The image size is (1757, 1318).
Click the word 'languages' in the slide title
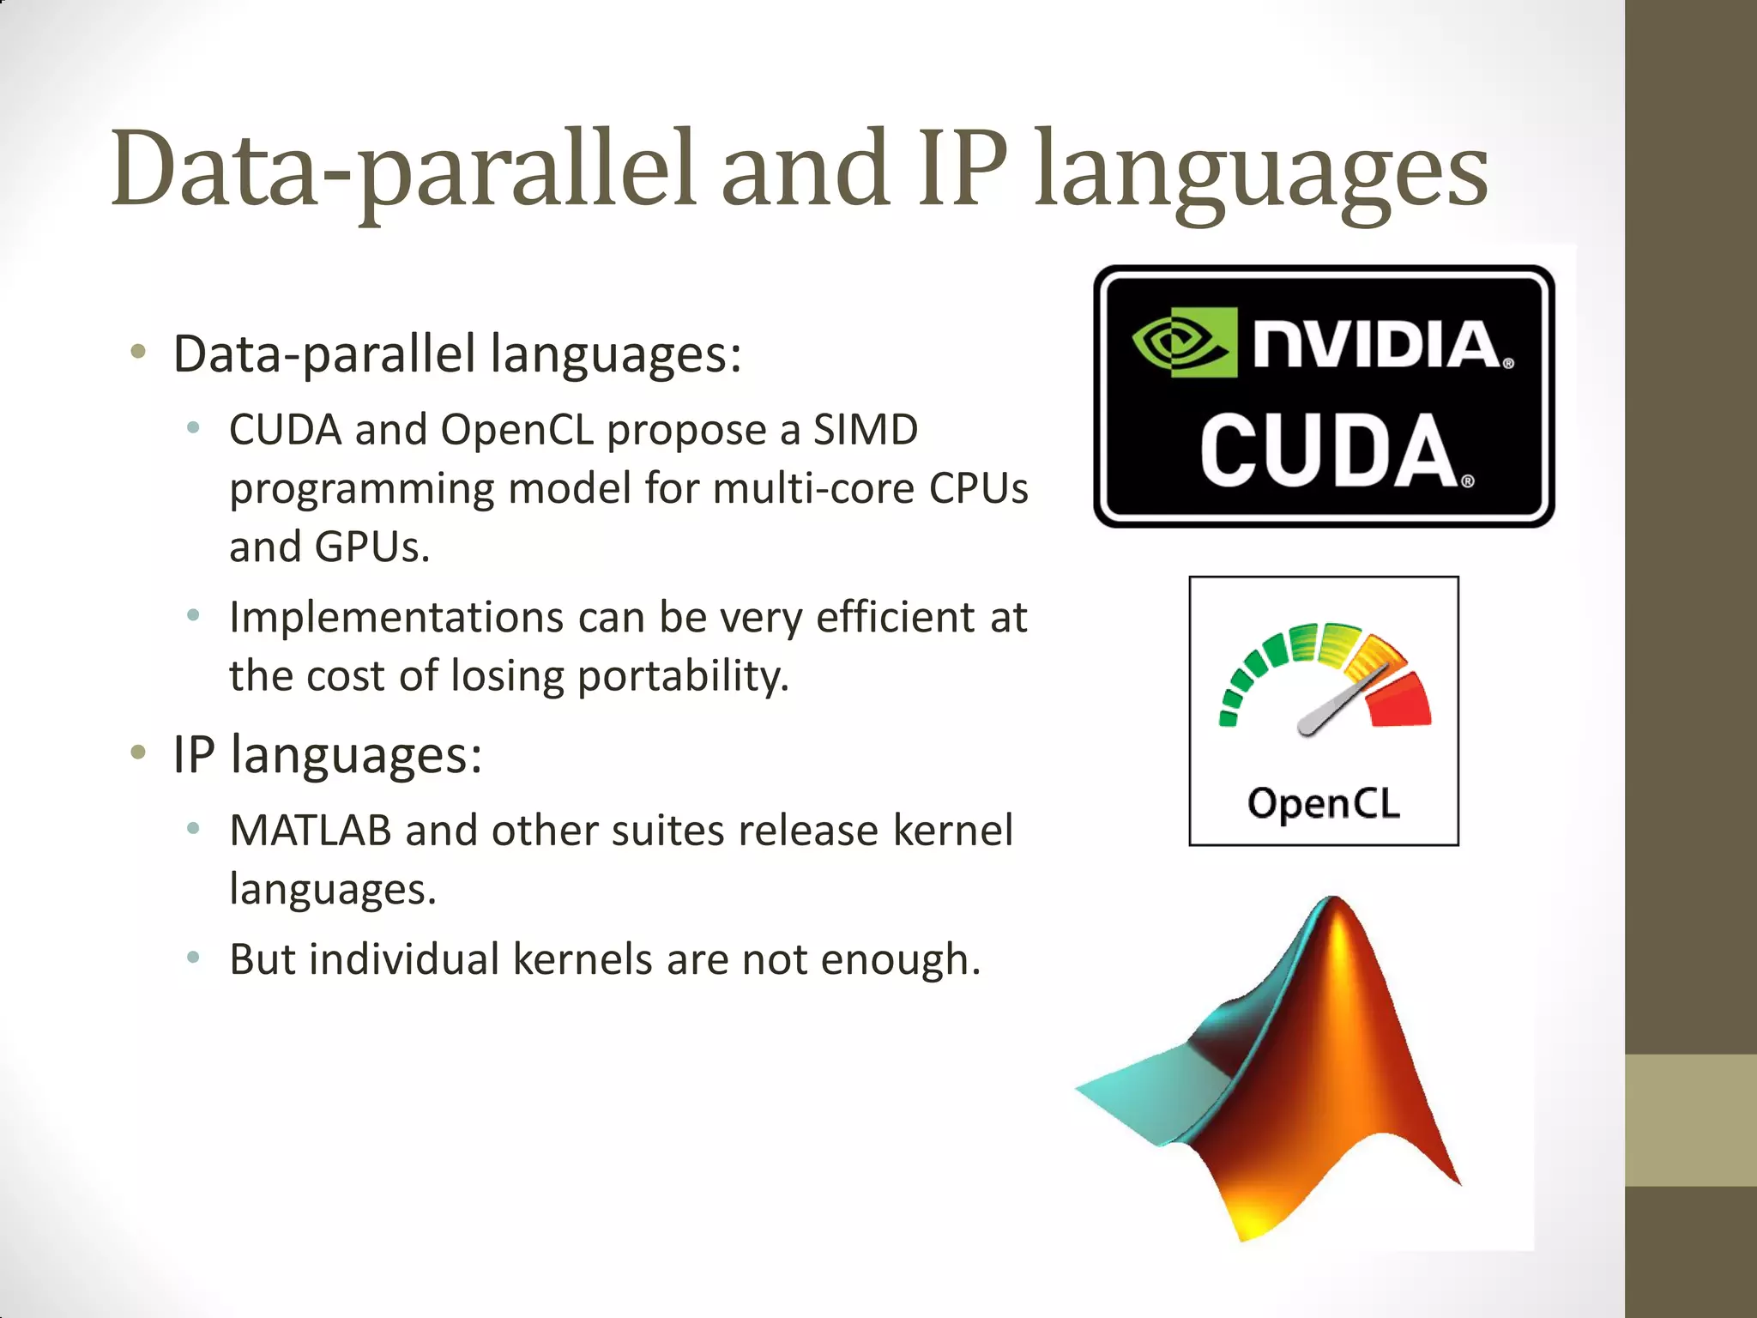pos(1261,172)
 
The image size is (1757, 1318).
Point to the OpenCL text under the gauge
pos(1323,804)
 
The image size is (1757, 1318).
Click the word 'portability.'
pos(682,676)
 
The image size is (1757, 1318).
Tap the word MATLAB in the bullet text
pos(311,831)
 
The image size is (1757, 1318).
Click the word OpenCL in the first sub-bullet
pos(516,430)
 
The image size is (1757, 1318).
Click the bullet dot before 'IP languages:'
pos(138,753)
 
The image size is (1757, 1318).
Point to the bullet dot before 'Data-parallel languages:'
pos(138,351)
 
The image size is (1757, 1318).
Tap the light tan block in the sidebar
pos(1690,1120)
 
